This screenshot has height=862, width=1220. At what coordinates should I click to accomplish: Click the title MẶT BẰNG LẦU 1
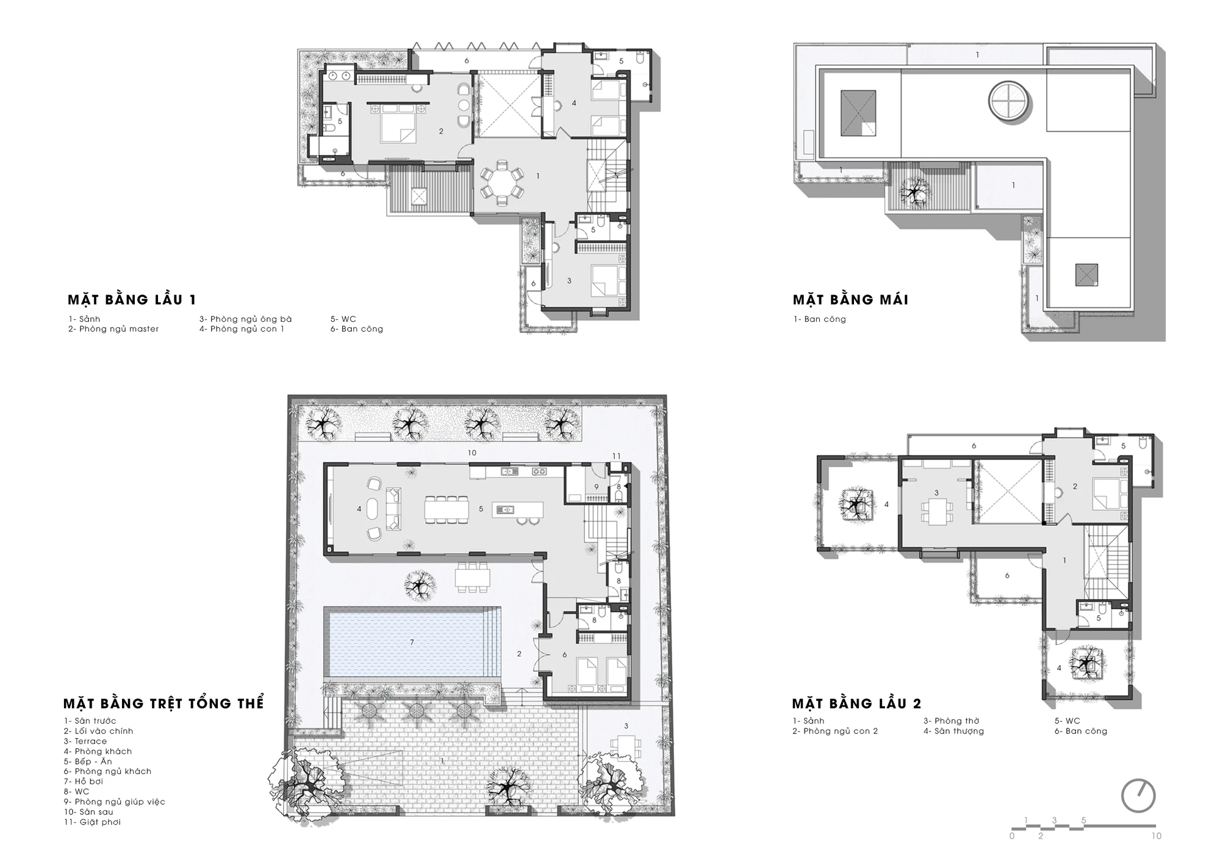pos(132,299)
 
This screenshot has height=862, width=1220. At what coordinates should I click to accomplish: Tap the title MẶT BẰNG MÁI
pos(850,299)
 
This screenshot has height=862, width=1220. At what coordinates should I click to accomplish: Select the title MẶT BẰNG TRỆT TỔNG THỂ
pos(163,703)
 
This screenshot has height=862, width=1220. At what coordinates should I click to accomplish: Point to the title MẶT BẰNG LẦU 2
pos(856,703)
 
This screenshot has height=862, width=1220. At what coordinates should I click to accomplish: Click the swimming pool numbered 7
pos(412,642)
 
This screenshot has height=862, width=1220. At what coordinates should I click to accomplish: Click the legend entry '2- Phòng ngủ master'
pos(113,329)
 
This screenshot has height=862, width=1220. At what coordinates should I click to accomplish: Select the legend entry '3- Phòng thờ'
pos(951,721)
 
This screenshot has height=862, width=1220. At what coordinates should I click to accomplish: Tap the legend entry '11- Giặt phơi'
pos(92,822)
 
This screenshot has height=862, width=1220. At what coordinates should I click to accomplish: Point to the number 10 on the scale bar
pos(1157,836)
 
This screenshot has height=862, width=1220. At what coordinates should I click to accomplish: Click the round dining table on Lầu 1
pos(501,179)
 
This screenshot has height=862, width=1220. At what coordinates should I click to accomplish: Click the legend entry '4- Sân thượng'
pos(953,731)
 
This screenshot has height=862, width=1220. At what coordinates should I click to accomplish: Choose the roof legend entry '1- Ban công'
pos(819,319)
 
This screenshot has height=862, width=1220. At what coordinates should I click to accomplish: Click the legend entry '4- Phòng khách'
pos(98,751)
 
